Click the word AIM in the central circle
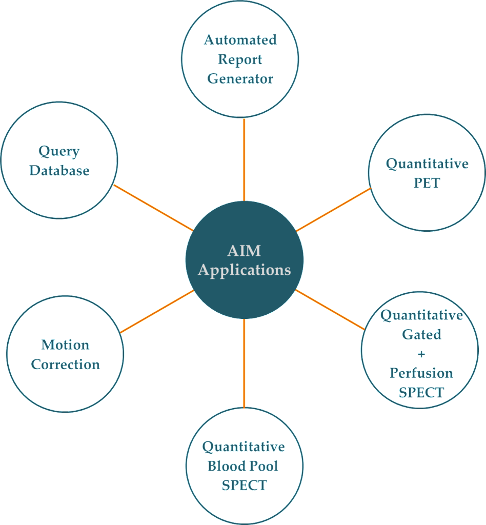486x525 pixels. point(244,251)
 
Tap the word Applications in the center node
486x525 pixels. point(244,270)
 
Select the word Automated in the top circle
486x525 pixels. point(240,40)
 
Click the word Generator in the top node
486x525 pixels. point(240,79)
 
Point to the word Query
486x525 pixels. point(59,152)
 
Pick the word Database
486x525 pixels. point(59,170)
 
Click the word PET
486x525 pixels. point(427,183)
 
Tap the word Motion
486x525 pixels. point(65,345)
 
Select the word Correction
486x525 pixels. point(66,364)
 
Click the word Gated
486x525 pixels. point(421,334)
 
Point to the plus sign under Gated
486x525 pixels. point(421,354)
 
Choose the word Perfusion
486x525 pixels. point(421,373)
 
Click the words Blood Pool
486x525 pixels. point(243,466)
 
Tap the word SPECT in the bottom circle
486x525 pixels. point(244,485)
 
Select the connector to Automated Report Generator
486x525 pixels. point(244,159)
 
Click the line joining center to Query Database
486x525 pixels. point(153,207)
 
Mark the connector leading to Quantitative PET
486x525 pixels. point(333,209)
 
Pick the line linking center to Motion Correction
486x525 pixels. point(157,311)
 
